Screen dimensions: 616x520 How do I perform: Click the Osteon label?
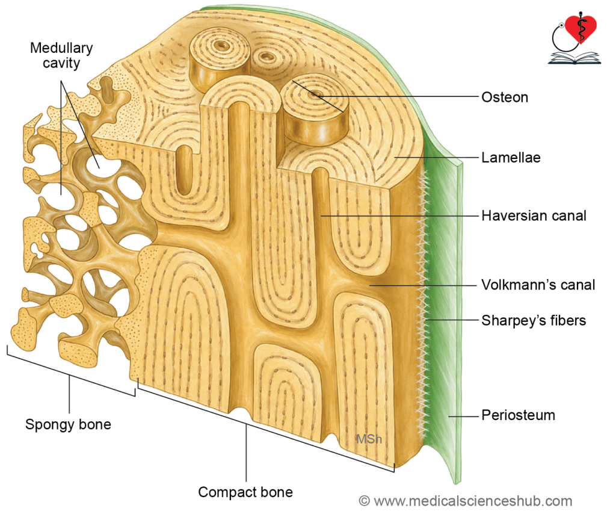pos(505,97)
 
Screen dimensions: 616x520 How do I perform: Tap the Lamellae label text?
pos(511,158)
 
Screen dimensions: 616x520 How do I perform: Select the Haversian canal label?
pos(534,216)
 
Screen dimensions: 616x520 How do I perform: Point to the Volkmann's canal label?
pos(538,285)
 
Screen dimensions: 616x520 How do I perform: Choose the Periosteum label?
pos(518,415)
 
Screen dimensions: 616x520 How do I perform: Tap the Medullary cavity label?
pos(61,55)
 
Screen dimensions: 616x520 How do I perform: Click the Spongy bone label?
pos(68,424)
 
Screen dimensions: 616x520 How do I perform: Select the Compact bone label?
pos(245,492)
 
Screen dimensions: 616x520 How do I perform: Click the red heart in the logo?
pos(582,28)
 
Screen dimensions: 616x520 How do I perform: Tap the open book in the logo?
pos(574,58)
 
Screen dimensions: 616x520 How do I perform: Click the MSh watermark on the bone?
pos(369,439)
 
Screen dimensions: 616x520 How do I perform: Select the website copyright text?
pos(466,501)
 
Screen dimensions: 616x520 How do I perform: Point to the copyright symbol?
pos(364,501)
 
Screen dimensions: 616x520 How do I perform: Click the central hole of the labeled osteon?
pos(315,94)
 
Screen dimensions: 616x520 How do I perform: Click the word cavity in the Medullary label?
pos(61,63)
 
